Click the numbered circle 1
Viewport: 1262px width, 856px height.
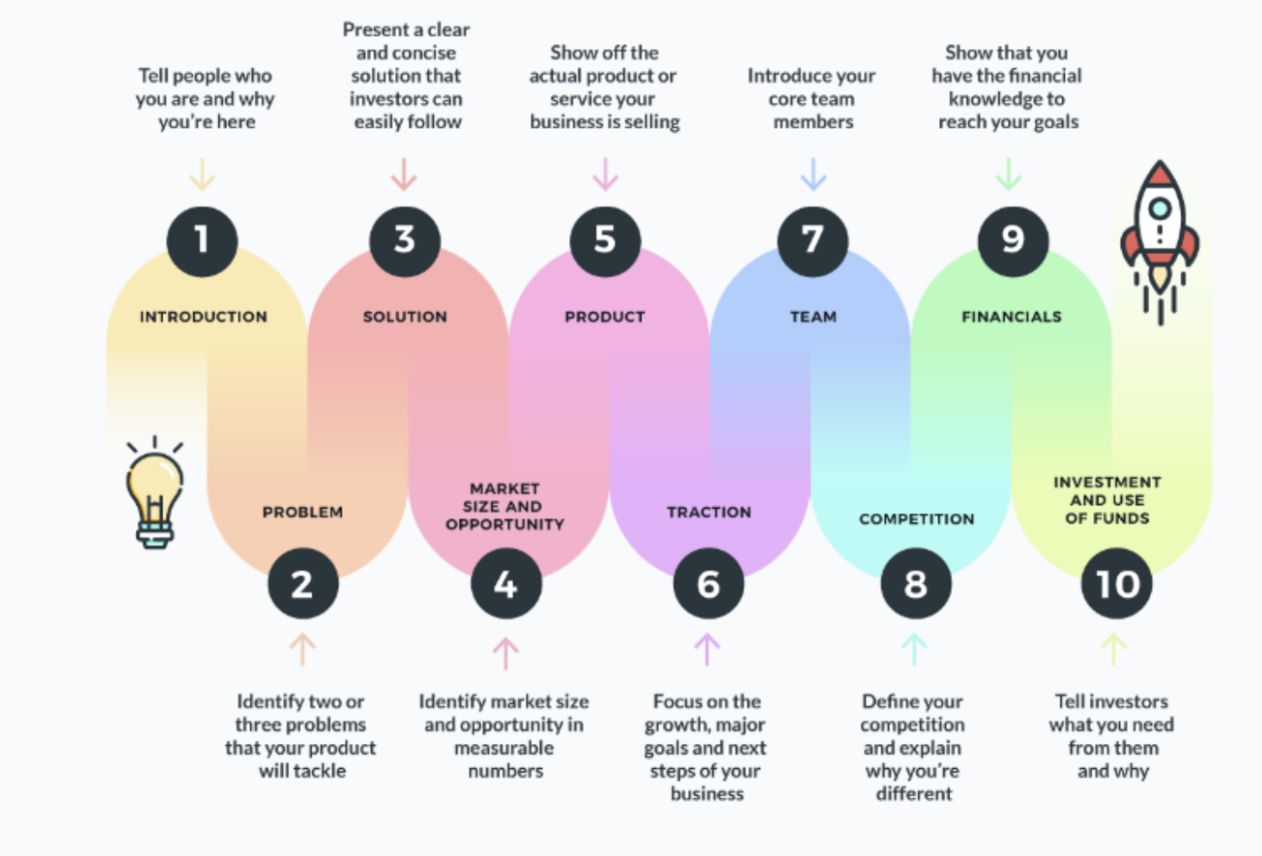[202, 241]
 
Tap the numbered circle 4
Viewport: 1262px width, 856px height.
[506, 583]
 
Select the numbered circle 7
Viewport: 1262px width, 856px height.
[812, 241]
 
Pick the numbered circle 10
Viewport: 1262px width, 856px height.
[1116, 583]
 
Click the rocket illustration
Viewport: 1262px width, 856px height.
[1159, 240]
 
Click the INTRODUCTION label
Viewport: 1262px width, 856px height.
[203, 317]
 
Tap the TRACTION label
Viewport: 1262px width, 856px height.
[709, 512]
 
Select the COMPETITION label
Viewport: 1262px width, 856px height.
[916, 519]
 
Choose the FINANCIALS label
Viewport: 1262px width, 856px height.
[1011, 317]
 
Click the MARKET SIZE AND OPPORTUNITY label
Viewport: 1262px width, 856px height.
[504, 506]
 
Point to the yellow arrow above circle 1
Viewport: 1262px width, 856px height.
[202, 174]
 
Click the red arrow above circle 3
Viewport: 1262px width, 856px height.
[404, 174]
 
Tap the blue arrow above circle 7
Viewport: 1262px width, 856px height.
[813, 174]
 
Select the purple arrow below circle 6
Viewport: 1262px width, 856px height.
[706, 649]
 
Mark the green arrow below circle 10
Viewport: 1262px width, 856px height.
[1114, 649]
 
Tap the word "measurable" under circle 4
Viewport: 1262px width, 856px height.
[504, 748]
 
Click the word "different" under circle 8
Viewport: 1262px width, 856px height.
[914, 794]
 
